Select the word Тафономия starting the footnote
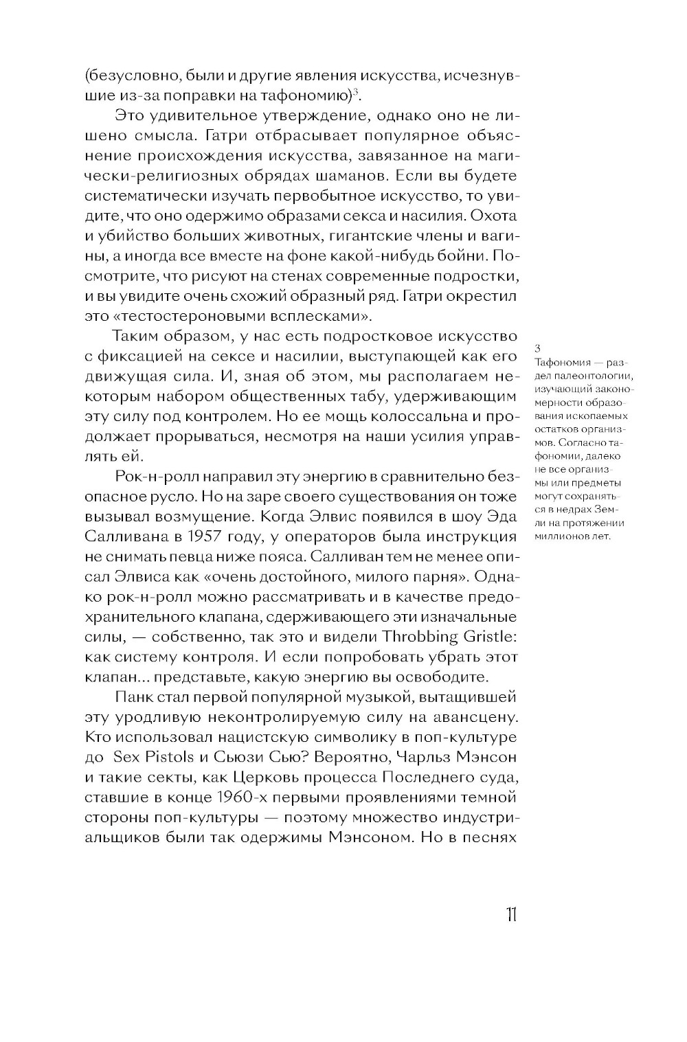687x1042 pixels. (x=558, y=361)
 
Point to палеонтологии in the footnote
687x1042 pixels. (x=594, y=376)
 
